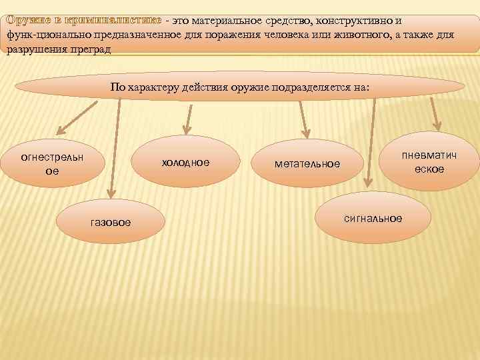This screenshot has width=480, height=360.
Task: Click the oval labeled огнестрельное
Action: (53, 163)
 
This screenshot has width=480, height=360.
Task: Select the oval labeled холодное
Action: (185, 163)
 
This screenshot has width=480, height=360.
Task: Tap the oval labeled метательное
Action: (307, 164)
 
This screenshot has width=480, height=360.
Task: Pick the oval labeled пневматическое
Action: (429, 162)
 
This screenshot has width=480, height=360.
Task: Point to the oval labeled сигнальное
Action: (373, 218)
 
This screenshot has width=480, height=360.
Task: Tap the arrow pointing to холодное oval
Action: (187, 117)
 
